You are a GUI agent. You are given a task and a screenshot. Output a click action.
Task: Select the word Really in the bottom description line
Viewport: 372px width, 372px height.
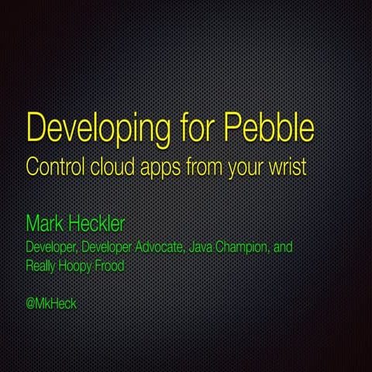43,265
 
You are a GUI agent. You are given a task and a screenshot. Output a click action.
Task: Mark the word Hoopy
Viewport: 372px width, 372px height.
82,266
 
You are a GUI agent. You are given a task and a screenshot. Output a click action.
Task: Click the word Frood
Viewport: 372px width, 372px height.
117,265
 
